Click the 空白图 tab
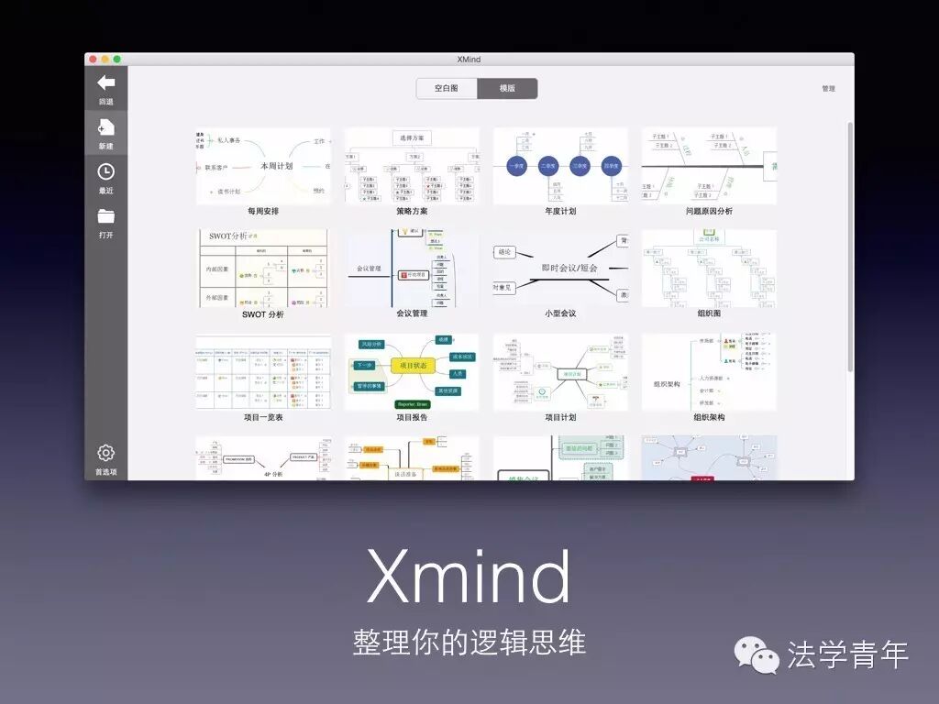[x=447, y=89]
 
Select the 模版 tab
[x=507, y=89]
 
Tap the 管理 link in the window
[x=828, y=89]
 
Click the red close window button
[x=94, y=60]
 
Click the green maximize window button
[x=117, y=60]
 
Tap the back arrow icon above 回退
[x=106, y=83]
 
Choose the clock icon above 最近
[x=106, y=171]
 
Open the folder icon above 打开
[x=106, y=216]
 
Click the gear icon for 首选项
[x=106, y=453]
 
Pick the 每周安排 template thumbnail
[x=263, y=166]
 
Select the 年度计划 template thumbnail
[x=560, y=166]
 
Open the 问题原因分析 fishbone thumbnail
[x=709, y=166]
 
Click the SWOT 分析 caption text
[x=263, y=314]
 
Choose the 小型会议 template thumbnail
[x=560, y=269]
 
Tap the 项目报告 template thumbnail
[x=412, y=371]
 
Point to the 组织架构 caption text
[x=709, y=417]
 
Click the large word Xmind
[x=469, y=577]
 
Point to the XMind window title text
[x=469, y=60]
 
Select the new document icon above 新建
[x=106, y=127]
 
